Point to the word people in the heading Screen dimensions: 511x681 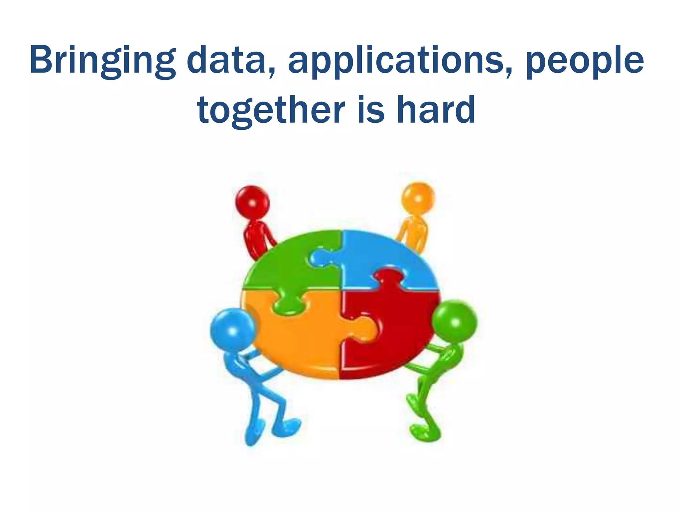point(585,61)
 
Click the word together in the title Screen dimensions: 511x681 point(271,110)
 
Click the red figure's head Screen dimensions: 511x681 point(252,202)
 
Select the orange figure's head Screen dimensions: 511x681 point(418,198)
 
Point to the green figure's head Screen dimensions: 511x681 point(455,321)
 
